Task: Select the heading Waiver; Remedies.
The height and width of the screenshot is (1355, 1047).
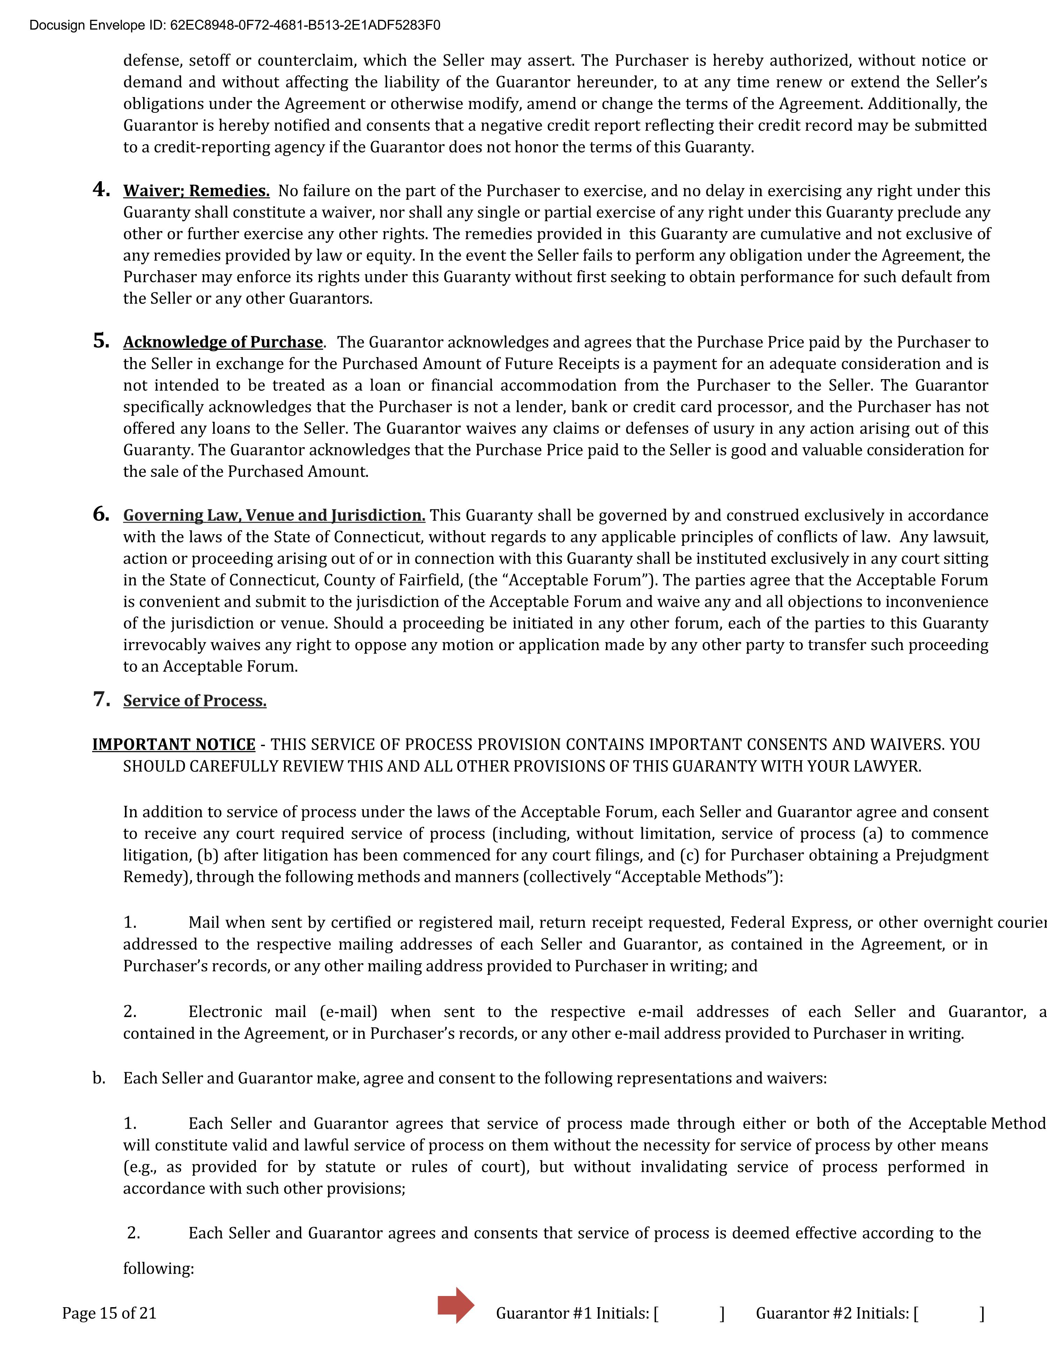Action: tap(196, 191)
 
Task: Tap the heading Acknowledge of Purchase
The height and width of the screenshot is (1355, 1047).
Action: tap(223, 343)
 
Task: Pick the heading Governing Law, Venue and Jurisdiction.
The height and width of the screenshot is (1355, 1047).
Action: tap(274, 516)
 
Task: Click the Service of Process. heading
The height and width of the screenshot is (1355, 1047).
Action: tap(195, 701)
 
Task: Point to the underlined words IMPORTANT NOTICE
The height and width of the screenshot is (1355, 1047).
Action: tap(174, 744)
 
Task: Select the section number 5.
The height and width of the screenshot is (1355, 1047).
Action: tap(101, 341)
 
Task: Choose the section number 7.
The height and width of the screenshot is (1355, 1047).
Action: tap(101, 699)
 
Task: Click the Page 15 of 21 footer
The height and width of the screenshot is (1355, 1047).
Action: tap(109, 1313)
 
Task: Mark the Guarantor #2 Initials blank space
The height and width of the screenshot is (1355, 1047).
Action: tap(949, 1313)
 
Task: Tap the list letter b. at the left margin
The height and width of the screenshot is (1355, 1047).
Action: tap(99, 1078)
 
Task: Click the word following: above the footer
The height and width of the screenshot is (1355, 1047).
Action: tap(158, 1269)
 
